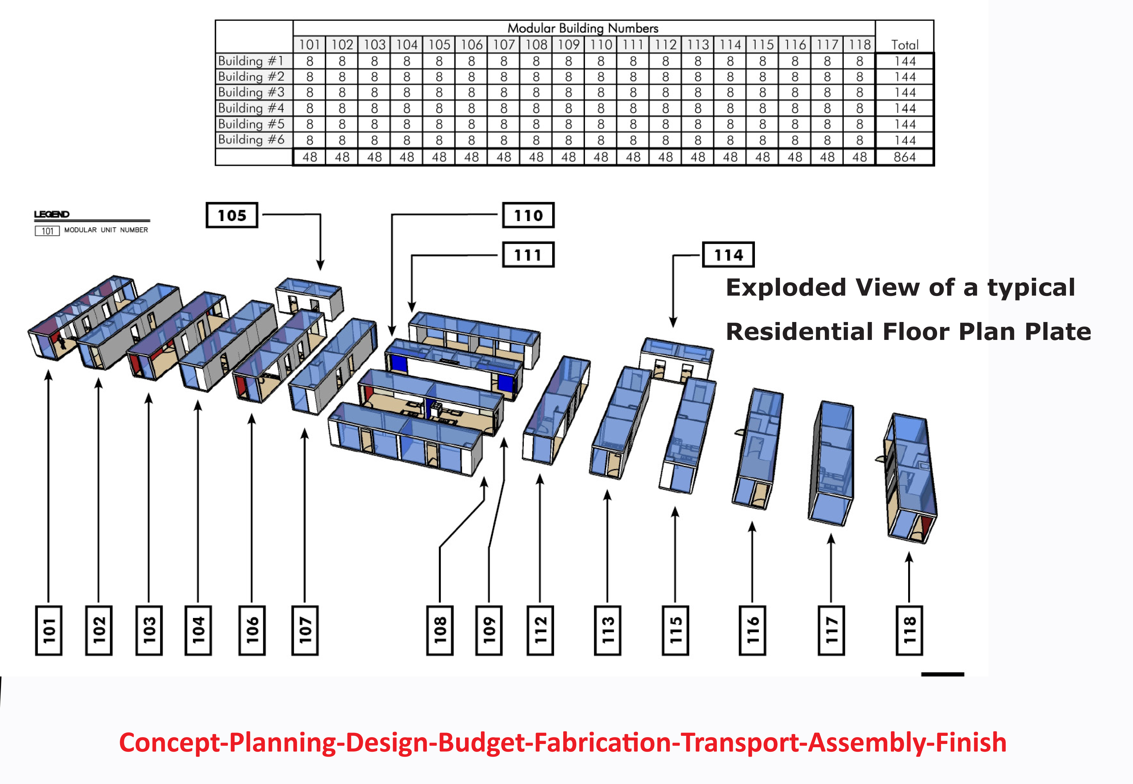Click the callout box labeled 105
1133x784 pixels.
[x=232, y=215]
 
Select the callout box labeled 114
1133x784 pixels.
[x=728, y=255]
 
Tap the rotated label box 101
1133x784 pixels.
[x=48, y=630]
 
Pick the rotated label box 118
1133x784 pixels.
[x=909, y=630]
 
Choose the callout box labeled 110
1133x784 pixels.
[x=528, y=215]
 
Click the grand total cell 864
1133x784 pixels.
[x=904, y=157]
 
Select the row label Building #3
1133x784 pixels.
[x=251, y=92]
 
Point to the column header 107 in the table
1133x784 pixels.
[x=504, y=45]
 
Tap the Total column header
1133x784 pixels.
[x=904, y=45]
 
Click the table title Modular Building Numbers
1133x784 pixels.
[x=583, y=28]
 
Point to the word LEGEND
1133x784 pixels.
[x=51, y=214]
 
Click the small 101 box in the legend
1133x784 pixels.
[x=47, y=231]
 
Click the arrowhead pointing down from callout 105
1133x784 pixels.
[x=320, y=265]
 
